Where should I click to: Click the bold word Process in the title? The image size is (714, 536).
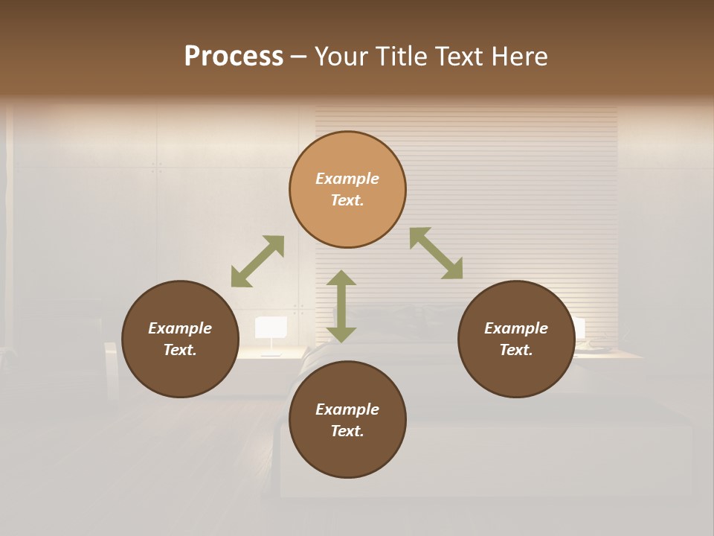[x=234, y=57]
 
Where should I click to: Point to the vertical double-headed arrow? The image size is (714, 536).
[x=341, y=306]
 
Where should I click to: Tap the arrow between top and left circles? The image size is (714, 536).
[x=257, y=261]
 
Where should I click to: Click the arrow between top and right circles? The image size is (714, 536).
[x=437, y=253]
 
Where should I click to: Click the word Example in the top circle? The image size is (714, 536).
[x=347, y=179]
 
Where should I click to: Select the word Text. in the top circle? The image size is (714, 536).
[x=347, y=200]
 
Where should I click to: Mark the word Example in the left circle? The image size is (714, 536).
[x=180, y=328]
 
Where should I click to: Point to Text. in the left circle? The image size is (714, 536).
[x=180, y=350]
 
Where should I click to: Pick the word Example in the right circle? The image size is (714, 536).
[x=516, y=328]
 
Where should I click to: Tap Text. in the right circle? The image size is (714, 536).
[x=516, y=350]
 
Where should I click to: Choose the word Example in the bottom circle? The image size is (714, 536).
[x=347, y=409]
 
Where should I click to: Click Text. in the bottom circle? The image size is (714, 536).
[x=347, y=431]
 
